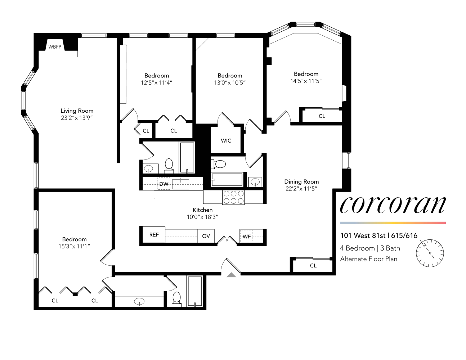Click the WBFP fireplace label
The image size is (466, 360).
point(55,47)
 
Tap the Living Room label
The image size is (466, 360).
point(77,111)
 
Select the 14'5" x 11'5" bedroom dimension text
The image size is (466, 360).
point(306,81)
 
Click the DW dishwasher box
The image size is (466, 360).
point(164,184)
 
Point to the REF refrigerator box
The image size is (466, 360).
point(154,235)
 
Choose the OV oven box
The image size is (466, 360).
point(206,236)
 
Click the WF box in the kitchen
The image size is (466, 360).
point(247,237)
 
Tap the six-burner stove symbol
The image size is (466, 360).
point(233,197)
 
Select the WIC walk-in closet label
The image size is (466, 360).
point(226,140)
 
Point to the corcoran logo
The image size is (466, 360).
point(393,205)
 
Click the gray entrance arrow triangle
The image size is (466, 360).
point(232,275)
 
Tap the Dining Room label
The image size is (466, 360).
point(301,181)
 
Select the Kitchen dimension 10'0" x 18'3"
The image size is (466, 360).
point(202,217)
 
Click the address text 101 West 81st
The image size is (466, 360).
point(363,236)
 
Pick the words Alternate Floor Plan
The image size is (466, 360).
point(368,259)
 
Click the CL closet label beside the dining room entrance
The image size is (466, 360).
point(313,266)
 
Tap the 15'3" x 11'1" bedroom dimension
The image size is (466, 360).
point(74,246)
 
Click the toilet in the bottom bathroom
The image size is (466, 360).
point(176,298)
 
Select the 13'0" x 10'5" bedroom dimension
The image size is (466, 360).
point(230,82)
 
